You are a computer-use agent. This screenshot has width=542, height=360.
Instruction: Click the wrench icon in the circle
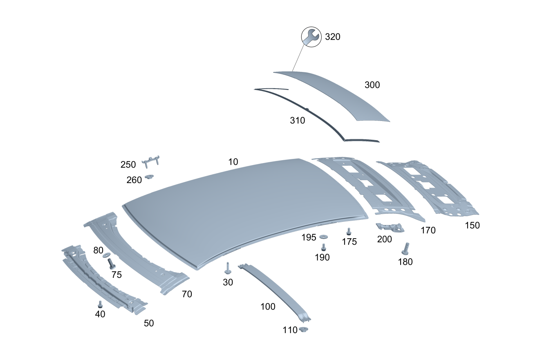(311, 37)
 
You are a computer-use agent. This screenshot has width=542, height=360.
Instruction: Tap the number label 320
(332, 37)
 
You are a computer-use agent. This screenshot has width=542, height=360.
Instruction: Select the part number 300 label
(372, 85)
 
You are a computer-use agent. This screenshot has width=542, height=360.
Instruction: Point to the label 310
(298, 121)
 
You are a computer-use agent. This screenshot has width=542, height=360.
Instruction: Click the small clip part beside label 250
(150, 161)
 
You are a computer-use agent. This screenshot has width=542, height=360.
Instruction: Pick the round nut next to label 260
(149, 177)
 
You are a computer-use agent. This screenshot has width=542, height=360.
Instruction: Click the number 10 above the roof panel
(233, 162)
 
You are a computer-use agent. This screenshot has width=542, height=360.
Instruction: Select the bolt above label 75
(111, 264)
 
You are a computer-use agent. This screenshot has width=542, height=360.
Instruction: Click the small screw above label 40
(100, 304)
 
